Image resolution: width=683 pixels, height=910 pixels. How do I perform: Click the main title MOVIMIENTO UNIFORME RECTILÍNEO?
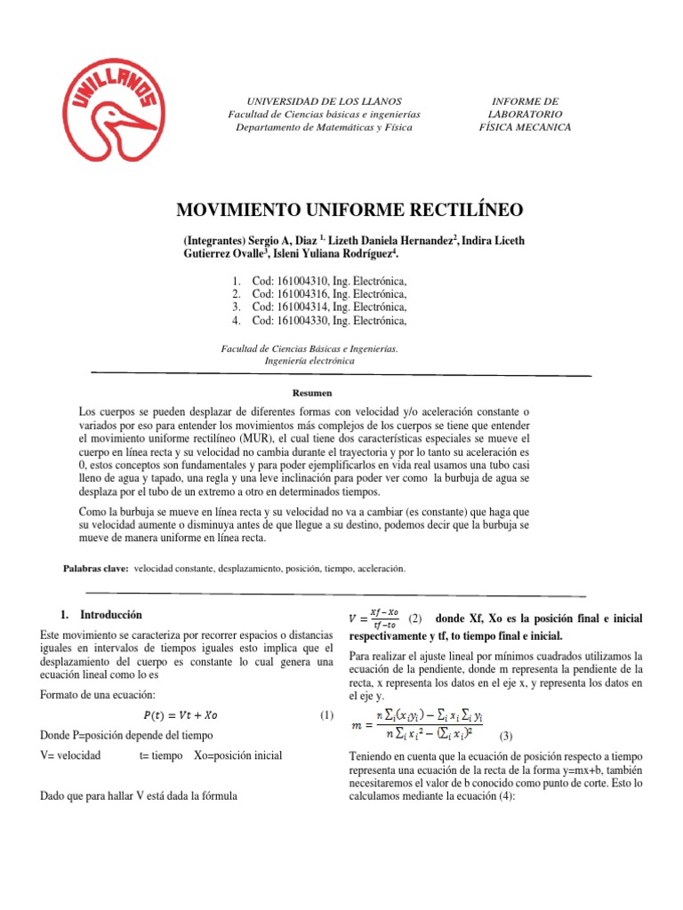(x=350, y=210)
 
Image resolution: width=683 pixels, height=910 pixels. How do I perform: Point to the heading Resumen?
(x=311, y=392)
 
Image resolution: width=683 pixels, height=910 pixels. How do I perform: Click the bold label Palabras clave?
(x=95, y=567)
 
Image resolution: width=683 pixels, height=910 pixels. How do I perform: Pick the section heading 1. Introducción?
(x=107, y=614)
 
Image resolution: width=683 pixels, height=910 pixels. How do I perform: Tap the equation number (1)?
(x=326, y=715)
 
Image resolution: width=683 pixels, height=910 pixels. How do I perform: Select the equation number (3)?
(x=506, y=736)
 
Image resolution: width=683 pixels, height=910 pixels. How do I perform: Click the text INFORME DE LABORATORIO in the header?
(x=525, y=108)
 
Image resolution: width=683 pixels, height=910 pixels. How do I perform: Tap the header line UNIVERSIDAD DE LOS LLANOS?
(x=324, y=102)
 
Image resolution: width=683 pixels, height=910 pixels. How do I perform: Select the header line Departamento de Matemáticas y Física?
(x=325, y=127)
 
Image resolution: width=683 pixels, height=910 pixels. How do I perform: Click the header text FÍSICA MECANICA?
(x=525, y=127)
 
